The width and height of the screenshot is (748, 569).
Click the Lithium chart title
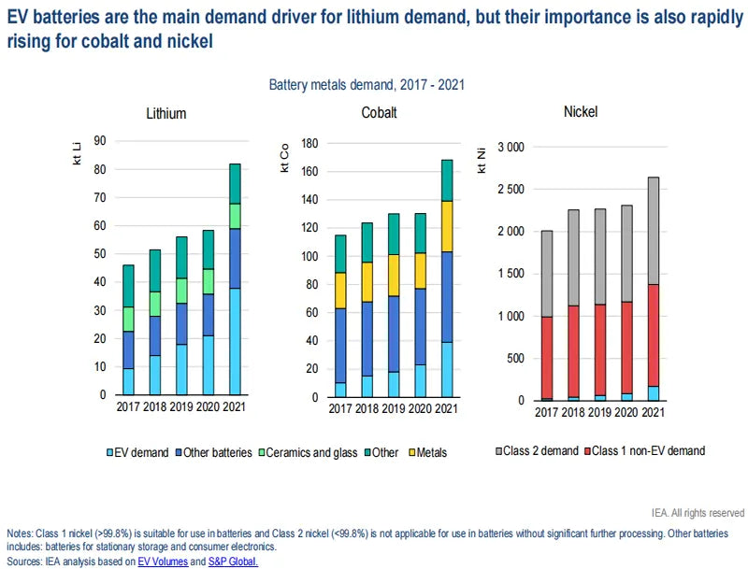tap(165, 114)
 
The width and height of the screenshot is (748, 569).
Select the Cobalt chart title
tap(379, 113)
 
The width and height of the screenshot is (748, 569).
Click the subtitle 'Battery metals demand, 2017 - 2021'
tap(367, 85)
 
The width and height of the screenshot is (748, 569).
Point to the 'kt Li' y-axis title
tap(77, 156)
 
